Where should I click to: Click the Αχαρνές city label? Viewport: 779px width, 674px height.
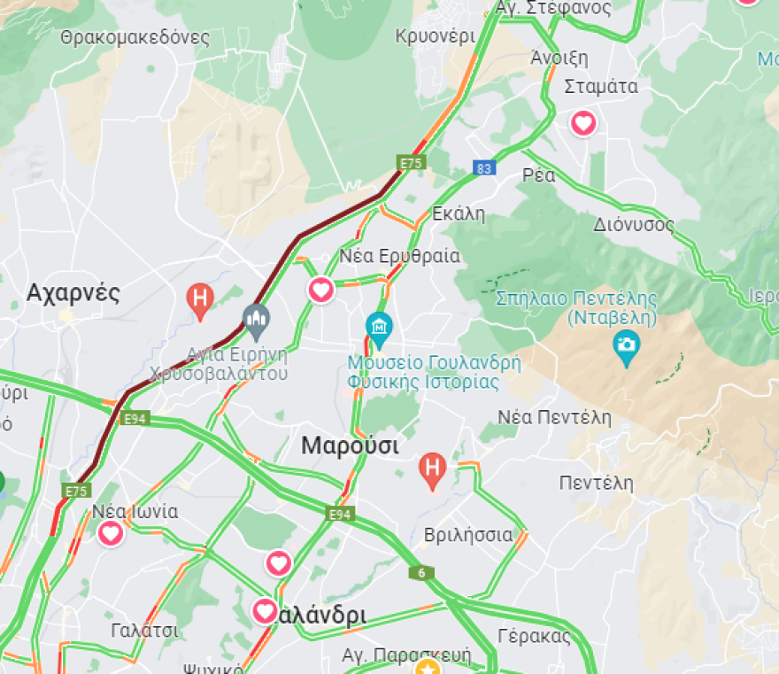(x=73, y=293)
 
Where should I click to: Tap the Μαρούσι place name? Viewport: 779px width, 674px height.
(x=350, y=445)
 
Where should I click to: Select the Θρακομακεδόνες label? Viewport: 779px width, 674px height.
(x=135, y=38)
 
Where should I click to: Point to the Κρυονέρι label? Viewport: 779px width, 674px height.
(x=435, y=36)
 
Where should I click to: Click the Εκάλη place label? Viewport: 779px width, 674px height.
(x=459, y=213)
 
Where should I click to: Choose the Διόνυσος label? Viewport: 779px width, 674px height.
(x=634, y=224)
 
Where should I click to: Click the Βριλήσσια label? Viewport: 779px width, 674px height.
(x=468, y=535)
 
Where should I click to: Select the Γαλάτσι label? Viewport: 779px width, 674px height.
(x=145, y=631)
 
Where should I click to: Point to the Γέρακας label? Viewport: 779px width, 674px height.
(x=534, y=636)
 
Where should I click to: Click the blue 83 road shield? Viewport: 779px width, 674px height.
(x=483, y=168)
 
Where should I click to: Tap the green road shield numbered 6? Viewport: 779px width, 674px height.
(x=421, y=573)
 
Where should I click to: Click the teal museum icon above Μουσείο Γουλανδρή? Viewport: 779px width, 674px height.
(x=380, y=329)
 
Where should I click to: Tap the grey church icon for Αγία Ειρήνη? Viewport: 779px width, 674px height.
(x=257, y=320)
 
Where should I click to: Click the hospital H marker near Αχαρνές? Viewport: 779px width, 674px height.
(x=201, y=298)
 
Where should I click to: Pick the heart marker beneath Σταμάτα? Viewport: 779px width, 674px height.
(x=583, y=123)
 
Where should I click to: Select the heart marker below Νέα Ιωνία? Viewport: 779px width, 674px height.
(x=111, y=534)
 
